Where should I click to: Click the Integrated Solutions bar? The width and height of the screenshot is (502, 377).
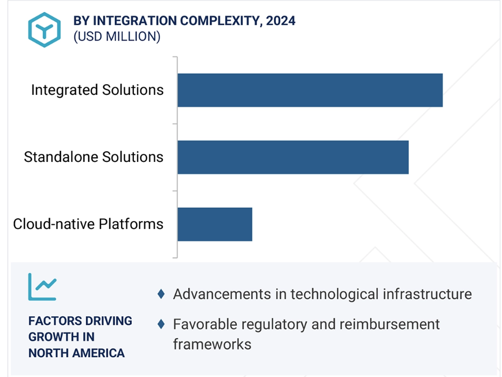click(x=310, y=90)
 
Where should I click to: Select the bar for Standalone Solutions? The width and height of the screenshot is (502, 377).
click(x=293, y=157)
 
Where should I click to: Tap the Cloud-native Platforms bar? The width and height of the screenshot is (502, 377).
click(x=215, y=224)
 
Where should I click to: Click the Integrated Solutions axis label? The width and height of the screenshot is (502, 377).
click(x=97, y=90)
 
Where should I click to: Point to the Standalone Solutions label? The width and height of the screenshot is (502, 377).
click(x=93, y=157)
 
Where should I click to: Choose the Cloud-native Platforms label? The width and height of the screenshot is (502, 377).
click(x=88, y=224)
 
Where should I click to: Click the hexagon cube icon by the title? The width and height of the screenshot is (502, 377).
click(x=44, y=30)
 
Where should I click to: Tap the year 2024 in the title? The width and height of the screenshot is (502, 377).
click(x=281, y=21)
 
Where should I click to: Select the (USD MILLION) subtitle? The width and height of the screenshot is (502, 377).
click(x=117, y=36)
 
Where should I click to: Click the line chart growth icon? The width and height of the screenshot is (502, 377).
click(x=42, y=286)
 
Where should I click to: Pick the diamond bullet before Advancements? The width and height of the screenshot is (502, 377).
click(x=161, y=294)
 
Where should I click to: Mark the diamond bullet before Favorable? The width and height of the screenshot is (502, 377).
click(x=161, y=324)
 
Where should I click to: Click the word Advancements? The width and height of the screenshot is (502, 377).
click(x=222, y=294)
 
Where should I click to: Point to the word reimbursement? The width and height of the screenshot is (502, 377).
click(x=389, y=324)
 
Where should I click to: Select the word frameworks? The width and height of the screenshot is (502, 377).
click(x=212, y=345)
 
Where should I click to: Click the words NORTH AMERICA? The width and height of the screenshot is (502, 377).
click(x=76, y=353)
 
